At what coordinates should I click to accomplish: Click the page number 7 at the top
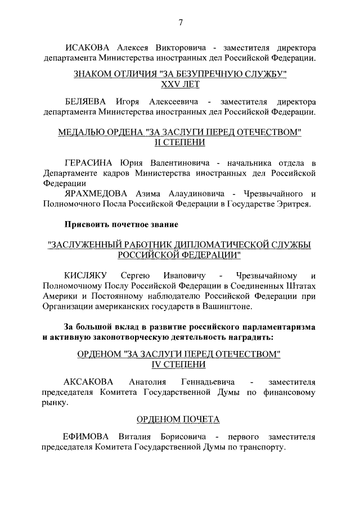point(181,22)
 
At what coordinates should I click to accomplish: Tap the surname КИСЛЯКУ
point(86,275)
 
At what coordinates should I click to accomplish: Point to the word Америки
point(60,296)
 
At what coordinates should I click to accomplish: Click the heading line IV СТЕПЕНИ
point(180,364)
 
